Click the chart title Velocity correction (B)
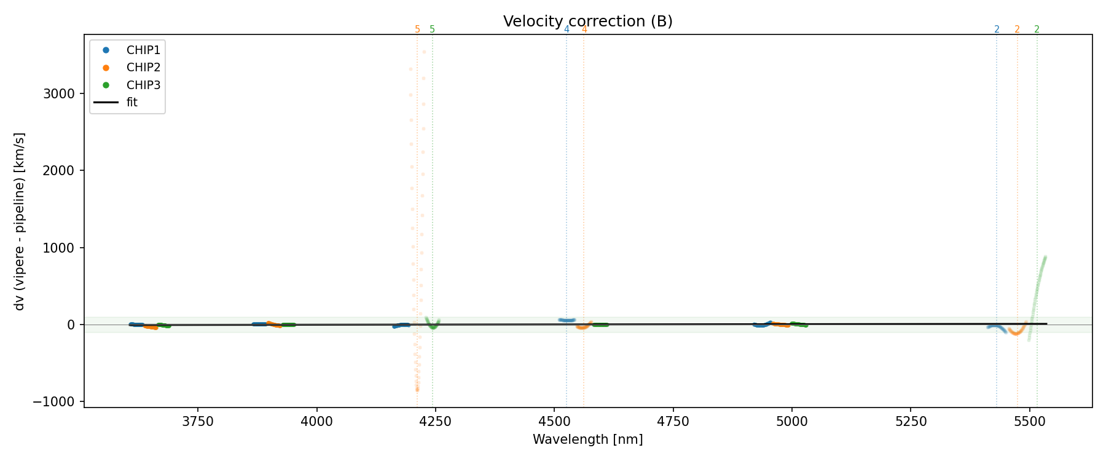pos(587,22)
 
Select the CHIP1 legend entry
pos(143,50)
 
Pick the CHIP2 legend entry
pos(143,68)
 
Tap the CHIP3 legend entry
pos(143,85)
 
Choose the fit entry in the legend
pos(131,103)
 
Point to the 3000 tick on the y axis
pos(59,94)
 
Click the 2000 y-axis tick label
pos(59,171)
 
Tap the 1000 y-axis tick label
pos(59,248)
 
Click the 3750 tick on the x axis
pos(198,422)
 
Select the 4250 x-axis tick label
pos(436,422)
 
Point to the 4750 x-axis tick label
pos(673,422)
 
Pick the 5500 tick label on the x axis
pos(1030,422)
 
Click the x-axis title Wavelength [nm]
pos(587,439)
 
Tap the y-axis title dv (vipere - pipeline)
pos(20,221)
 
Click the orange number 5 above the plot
pos(417,30)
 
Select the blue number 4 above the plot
pos(567,30)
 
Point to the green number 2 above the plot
pos(1037,30)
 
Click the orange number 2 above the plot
pos(1017,30)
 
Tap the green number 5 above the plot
pos(433,30)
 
